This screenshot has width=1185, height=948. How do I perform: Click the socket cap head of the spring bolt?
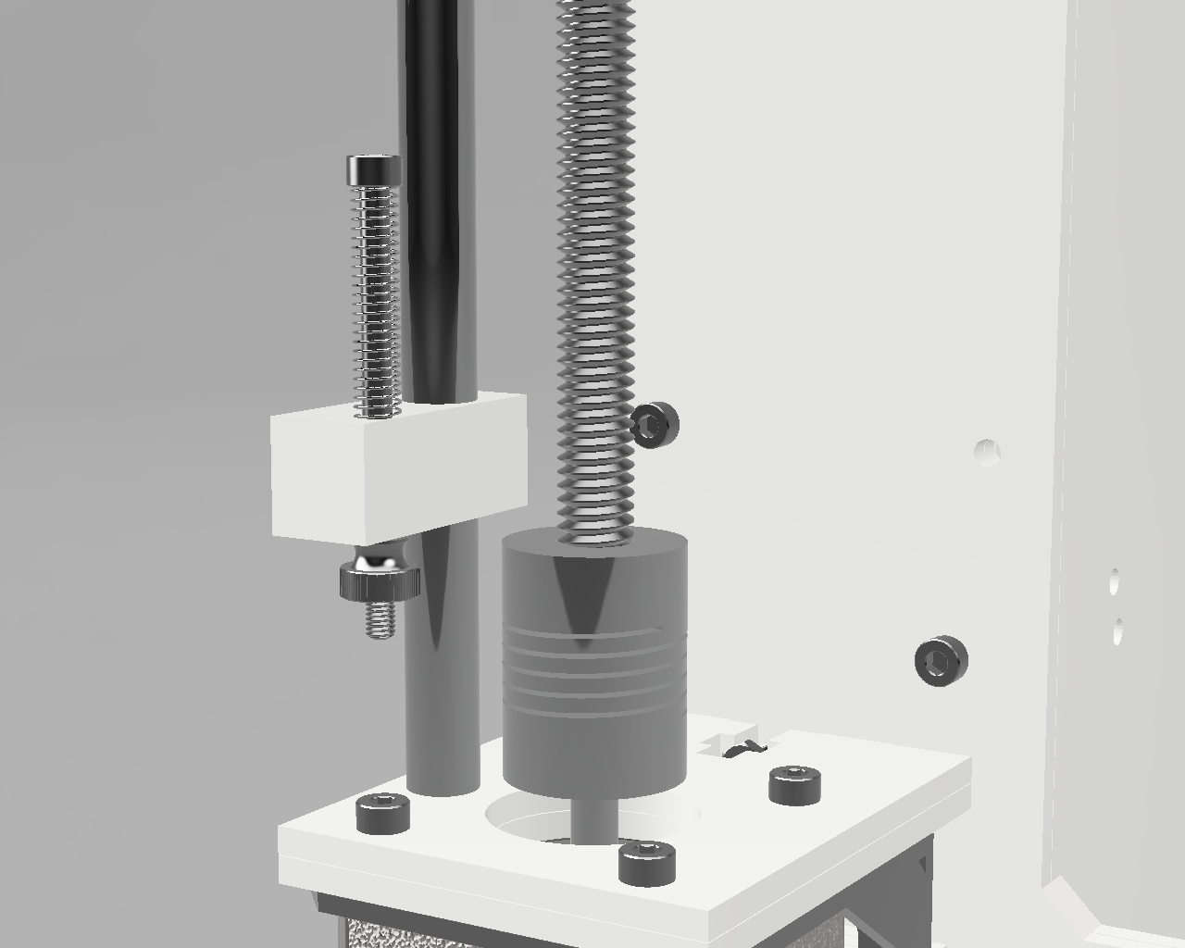[375, 169]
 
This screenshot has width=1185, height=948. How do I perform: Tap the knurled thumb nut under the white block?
[380, 581]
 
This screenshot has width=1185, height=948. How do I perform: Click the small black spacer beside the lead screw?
[655, 425]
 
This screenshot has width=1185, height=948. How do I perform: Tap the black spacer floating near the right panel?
[941, 661]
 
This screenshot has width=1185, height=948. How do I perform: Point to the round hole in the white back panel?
[988, 453]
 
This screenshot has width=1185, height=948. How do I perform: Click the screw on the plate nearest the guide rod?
[383, 812]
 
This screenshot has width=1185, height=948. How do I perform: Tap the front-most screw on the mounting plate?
[646, 862]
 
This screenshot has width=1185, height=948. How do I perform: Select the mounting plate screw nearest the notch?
[794, 784]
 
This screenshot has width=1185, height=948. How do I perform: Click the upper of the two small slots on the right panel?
[1114, 581]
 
